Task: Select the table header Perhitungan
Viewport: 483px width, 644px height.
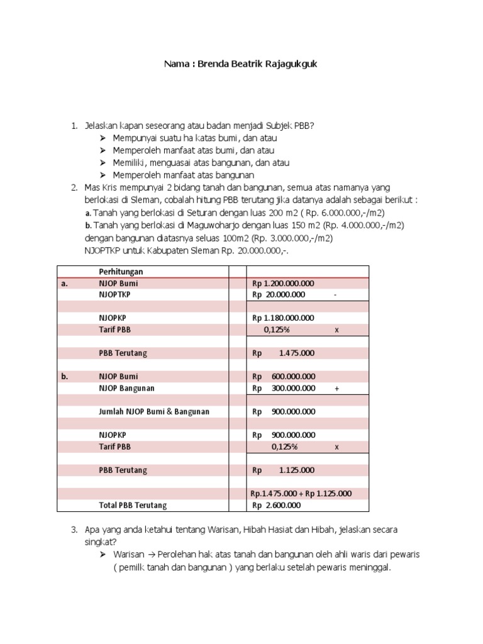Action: [121, 271]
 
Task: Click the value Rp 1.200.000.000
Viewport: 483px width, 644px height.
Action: [283, 283]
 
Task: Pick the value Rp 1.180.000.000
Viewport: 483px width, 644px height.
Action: [283, 318]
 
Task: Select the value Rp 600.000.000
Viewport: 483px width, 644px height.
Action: [284, 376]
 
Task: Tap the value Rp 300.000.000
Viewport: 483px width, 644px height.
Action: [284, 388]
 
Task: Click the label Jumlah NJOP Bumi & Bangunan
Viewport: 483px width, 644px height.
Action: [154, 411]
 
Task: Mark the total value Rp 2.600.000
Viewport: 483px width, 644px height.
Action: [277, 505]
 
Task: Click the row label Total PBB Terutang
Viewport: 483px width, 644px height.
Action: [133, 505]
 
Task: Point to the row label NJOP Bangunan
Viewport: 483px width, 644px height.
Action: [126, 388]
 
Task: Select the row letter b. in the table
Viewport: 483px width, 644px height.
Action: [65, 376]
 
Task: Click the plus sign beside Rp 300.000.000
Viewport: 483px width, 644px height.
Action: [337, 389]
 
